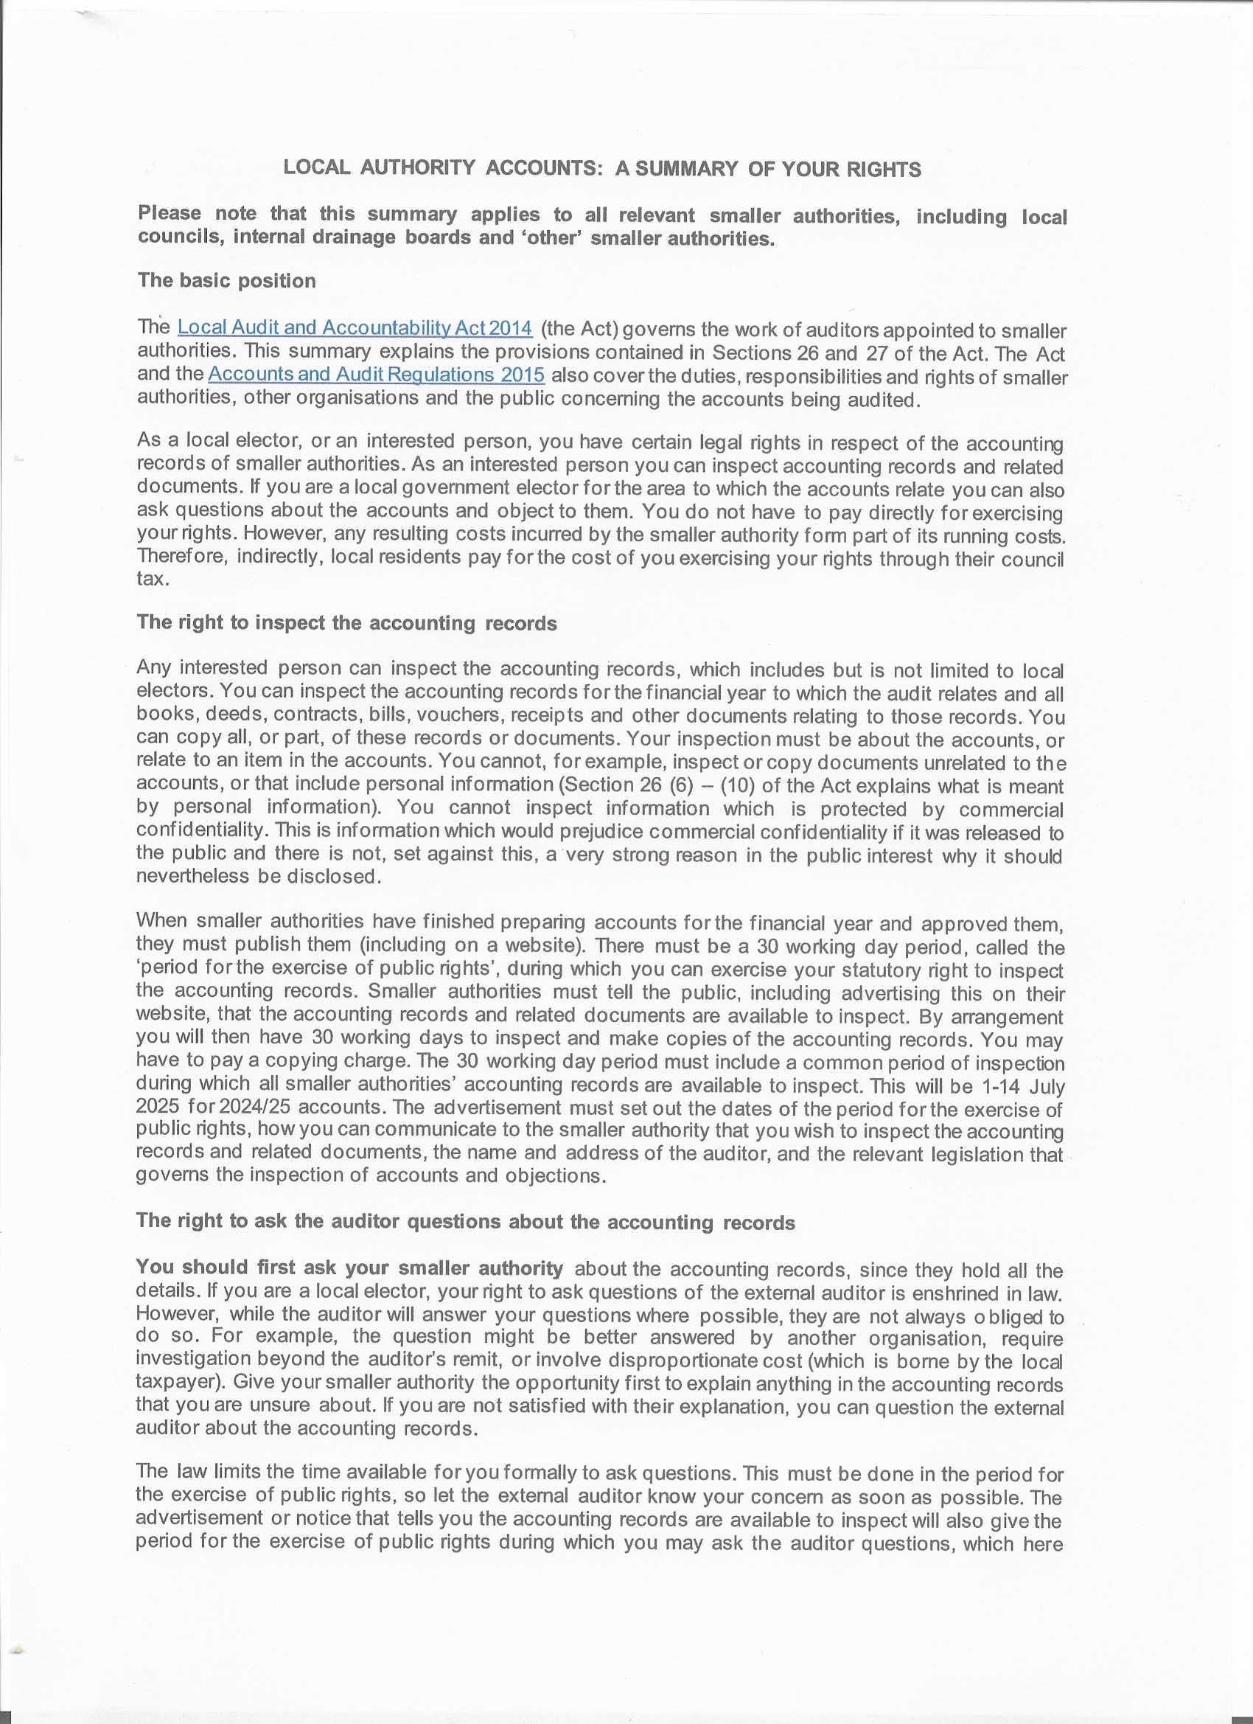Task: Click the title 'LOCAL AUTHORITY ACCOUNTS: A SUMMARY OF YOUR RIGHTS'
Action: tap(601, 168)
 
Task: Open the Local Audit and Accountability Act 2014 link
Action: tap(354, 327)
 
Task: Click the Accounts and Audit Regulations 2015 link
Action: tap(376, 374)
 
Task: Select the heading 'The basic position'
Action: tap(226, 280)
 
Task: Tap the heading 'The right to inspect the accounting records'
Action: tap(346, 623)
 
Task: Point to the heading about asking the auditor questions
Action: tap(465, 1222)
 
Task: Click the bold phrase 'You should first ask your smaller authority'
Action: tap(349, 1268)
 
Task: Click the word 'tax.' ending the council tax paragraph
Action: tap(151, 580)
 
